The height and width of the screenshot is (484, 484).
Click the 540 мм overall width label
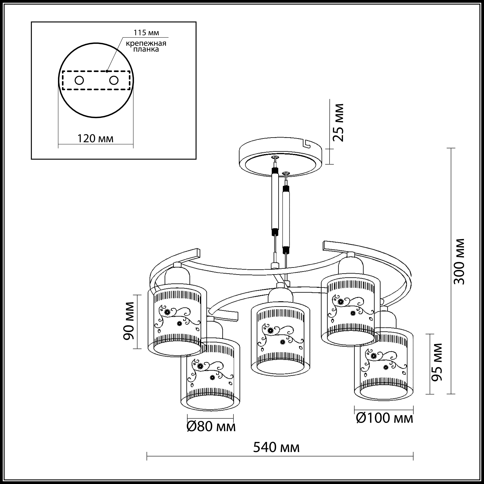pyautogui.click(x=276, y=447)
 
